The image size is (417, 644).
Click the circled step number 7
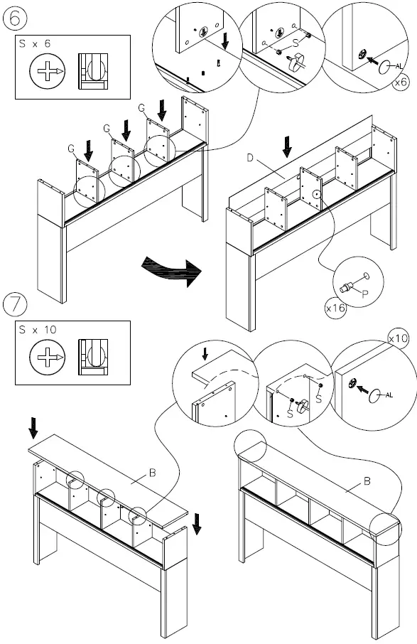pos(16,305)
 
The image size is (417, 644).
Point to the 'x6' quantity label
pos(401,83)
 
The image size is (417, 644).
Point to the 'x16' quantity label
pos(335,308)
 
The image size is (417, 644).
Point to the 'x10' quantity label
pos(399,339)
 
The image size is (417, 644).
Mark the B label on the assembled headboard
pos(367,482)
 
